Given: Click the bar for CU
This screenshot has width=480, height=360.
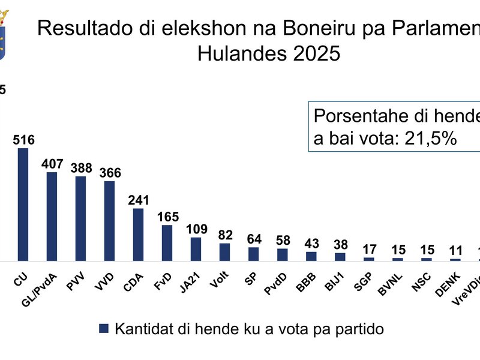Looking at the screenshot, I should [23, 205].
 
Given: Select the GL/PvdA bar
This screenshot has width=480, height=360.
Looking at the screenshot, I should [52, 217].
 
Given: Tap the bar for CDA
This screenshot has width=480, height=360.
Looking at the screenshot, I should [138, 235].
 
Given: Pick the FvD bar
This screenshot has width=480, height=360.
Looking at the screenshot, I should [167, 243].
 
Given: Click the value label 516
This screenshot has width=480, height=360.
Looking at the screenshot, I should [23, 140].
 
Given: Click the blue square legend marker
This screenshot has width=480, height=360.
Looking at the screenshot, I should [104, 328].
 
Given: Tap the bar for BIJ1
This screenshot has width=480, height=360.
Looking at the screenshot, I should [340, 257].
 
